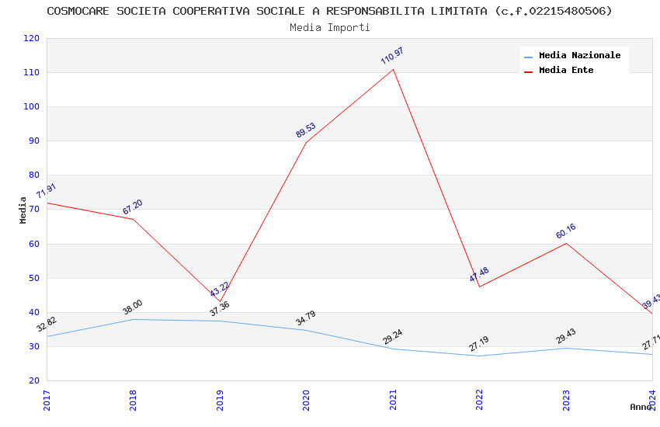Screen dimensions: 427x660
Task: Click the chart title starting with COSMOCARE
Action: pos(329,11)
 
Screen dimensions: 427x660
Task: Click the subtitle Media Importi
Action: pos(329,27)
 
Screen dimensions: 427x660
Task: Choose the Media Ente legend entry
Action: pos(566,71)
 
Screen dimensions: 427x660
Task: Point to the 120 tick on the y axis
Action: pos(32,38)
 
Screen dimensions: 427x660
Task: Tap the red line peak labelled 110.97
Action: pos(393,70)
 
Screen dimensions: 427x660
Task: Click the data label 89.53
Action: pos(306,130)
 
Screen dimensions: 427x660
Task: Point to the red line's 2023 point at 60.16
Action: pos(566,243)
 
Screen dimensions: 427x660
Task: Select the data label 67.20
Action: pos(133,207)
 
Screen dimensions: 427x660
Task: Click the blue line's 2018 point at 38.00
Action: pos(134,319)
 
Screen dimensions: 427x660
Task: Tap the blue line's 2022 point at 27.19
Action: pos(480,356)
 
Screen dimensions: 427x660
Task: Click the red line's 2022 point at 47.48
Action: pos(480,286)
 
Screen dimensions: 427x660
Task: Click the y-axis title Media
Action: pos(23,210)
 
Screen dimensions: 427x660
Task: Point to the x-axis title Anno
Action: pos(641,407)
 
